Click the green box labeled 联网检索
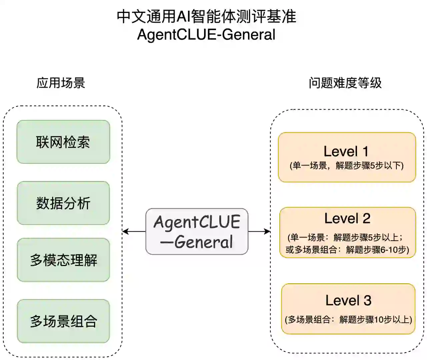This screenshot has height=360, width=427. click(x=63, y=142)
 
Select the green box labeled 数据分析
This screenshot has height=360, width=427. click(x=63, y=203)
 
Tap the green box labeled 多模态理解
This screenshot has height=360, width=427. click(x=63, y=260)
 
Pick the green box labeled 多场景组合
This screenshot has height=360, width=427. click(x=63, y=321)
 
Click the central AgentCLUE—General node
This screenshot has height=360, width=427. click(x=197, y=232)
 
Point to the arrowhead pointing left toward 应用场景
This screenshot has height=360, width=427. click(x=125, y=231)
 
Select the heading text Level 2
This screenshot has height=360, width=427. click(x=347, y=219)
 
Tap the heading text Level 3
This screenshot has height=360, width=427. click(x=348, y=300)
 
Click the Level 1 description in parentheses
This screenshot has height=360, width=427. click(x=347, y=165)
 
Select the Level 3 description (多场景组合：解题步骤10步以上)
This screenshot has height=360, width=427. click(x=348, y=319)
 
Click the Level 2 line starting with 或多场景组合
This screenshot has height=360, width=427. click(x=347, y=250)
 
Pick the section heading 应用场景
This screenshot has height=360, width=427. click(x=61, y=83)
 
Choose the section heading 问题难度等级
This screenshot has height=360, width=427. click(x=345, y=83)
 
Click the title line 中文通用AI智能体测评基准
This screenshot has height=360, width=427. click(x=206, y=17)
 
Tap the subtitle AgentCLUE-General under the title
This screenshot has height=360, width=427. click(x=206, y=35)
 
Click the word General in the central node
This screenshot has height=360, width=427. click(x=203, y=242)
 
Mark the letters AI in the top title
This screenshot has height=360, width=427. click(x=183, y=17)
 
